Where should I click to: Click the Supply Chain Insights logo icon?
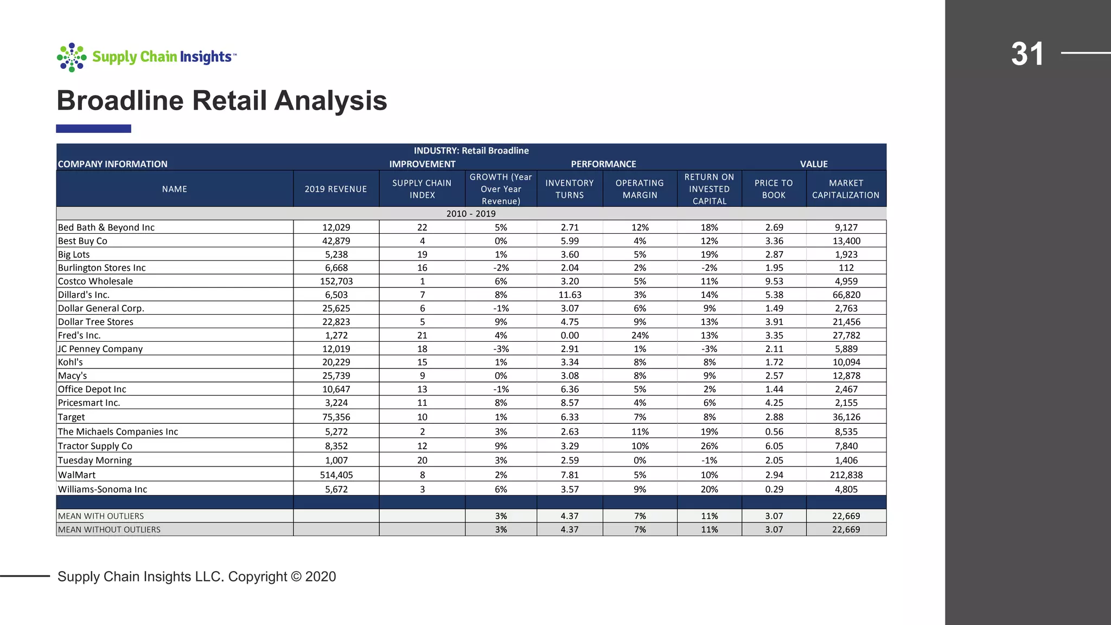72,57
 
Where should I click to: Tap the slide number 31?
1027,54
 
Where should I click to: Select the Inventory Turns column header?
569,189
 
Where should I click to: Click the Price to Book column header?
774,189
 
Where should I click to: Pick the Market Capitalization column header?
846,189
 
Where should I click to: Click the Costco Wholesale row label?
95,281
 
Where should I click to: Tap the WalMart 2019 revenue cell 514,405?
336,475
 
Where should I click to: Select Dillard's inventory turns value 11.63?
570,295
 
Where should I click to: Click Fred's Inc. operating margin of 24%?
640,335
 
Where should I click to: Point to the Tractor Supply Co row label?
95,446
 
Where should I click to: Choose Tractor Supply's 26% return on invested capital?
709,446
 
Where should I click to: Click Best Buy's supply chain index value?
422,241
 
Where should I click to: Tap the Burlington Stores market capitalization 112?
846,267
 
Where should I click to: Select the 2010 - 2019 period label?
471,214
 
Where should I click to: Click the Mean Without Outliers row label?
109,530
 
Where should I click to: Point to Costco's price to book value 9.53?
774,281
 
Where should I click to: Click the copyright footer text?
196,576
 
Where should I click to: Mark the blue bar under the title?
93,129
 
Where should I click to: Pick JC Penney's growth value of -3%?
501,349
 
